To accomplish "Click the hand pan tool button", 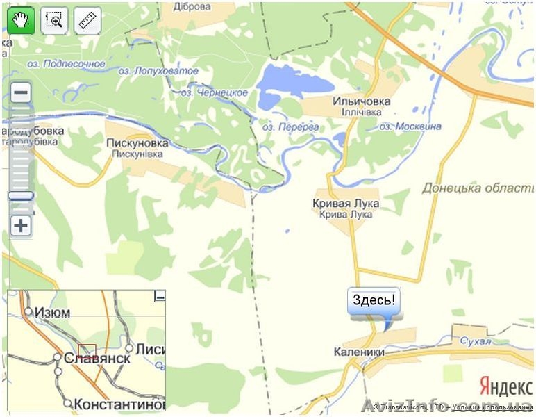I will [22, 21].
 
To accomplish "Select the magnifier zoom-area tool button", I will [54, 21].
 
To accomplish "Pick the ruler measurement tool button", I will [87, 21].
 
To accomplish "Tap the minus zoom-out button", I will [22, 92].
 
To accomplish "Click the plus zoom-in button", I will [22, 225].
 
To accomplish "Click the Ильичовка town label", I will [361, 101].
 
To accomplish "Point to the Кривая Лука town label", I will [346, 204].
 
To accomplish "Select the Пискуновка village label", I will [137, 143].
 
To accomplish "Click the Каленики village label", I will [359, 352].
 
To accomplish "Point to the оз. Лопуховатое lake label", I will [158, 71].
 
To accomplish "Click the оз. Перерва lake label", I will [291, 127].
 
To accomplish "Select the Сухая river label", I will [475, 341].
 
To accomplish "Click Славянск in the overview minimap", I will [97, 359].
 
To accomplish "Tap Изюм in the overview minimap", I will [52, 313].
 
